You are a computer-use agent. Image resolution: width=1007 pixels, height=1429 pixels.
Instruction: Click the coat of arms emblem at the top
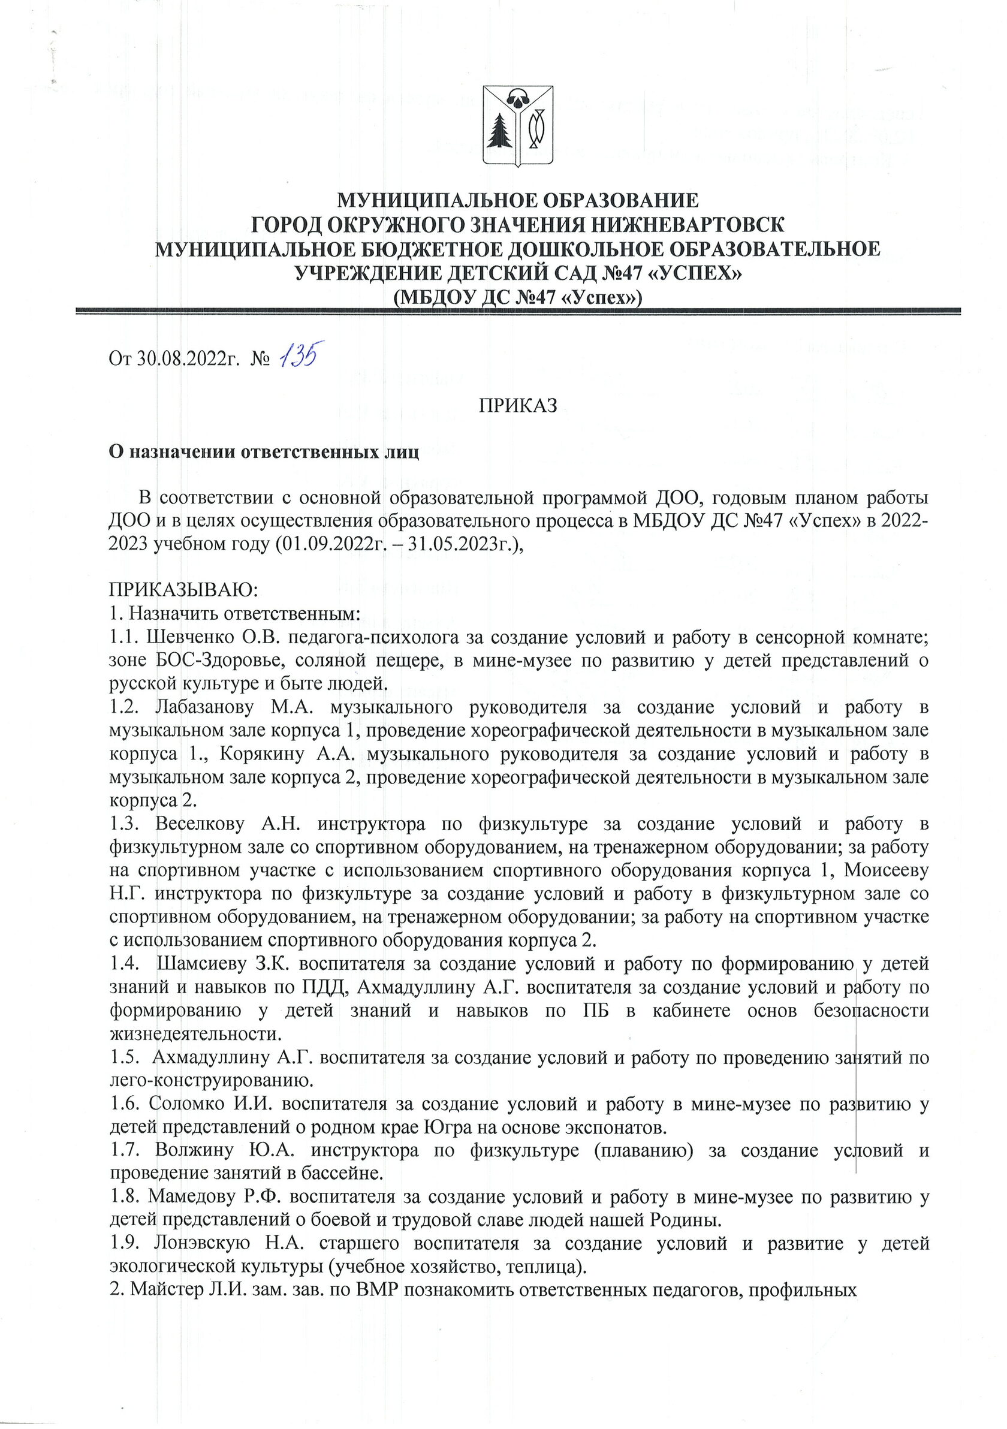(515, 128)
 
